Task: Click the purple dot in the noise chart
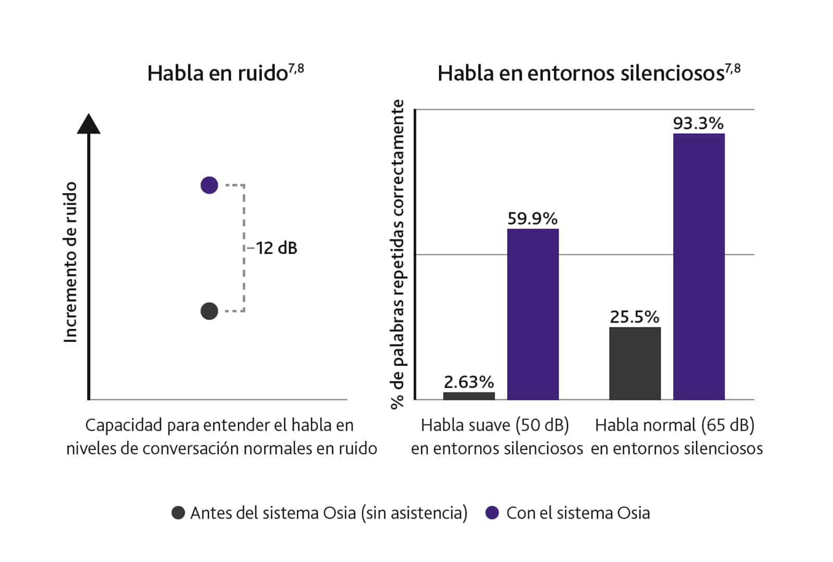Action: click(209, 185)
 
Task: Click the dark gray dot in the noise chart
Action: click(209, 311)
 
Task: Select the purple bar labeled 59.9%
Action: click(533, 314)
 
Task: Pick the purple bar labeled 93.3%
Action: click(699, 266)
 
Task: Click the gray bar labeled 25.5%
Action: click(635, 363)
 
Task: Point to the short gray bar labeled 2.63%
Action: click(469, 396)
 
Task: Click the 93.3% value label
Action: click(698, 123)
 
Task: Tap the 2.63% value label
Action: click(469, 382)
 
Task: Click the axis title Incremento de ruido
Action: click(70, 262)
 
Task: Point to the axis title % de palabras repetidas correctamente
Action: click(398, 254)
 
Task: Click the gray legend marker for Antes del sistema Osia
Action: click(178, 513)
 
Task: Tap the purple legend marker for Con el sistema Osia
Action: click(492, 513)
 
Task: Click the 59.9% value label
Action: click(533, 219)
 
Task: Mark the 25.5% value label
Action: click(635, 317)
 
